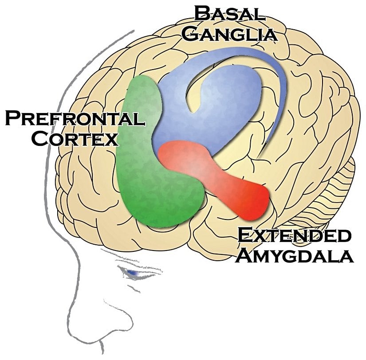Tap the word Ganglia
point(229,34)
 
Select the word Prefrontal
point(74,119)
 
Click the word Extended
point(294,235)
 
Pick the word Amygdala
point(294,256)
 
